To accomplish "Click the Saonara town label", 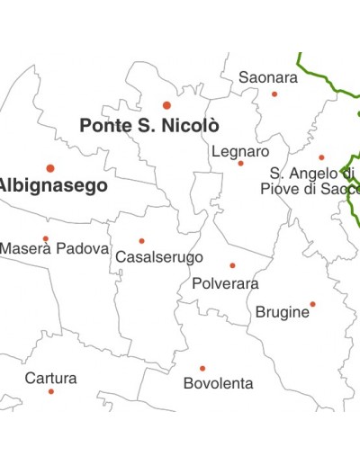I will click(x=268, y=78).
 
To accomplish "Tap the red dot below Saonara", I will click(x=274, y=94).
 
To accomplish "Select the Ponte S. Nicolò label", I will click(x=149, y=126).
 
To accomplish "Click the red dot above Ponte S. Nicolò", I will click(x=166, y=105).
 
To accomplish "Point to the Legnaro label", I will click(x=240, y=151).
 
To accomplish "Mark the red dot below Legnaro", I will click(x=240, y=163).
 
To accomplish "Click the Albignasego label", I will click(x=51, y=186).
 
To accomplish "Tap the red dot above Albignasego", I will click(x=50, y=168).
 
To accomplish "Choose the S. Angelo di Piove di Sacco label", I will click(x=310, y=181).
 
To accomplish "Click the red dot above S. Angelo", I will click(x=321, y=157).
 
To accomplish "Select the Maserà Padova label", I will click(x=54, y=248).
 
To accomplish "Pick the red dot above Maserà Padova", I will click(x=46, y=238).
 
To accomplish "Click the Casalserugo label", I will click(x=159, y=257).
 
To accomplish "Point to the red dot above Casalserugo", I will click(x=141, y=241).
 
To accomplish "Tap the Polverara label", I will click(x=225, y=283).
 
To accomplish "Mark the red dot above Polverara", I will click(x=232, y=265).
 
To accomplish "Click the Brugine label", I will click(x=283, y=312).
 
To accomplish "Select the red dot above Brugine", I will click(x=312, y=304).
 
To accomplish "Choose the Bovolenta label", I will click(x=218, y=384).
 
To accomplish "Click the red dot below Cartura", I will click(x=50, y=391).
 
